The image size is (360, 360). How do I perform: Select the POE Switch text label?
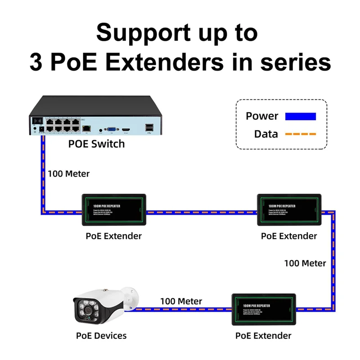point(96,144)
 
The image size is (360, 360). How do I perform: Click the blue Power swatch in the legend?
point(301,116)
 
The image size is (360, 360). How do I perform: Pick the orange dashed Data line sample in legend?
point(301,134)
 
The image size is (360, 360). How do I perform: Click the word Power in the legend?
point(262,116)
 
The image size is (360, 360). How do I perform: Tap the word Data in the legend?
point(266,134)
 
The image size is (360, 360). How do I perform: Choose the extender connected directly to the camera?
point(264,309)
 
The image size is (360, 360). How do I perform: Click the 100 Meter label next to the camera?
point(181,301)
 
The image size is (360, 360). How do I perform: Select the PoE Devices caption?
point(101,336)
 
